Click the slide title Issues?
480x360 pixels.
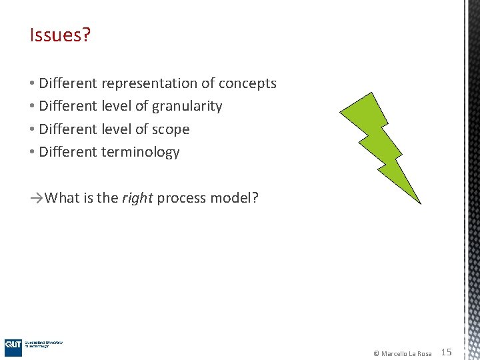pyautogui.click(x=60, y=35)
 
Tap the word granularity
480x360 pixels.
pyautogui.click(x=187, y=107)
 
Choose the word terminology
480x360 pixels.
pyautogui.click(x=140, y=152)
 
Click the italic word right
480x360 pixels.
pyautogui.click(x=137, y=198)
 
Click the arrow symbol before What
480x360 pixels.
pyautogui.click(x=37, y=198)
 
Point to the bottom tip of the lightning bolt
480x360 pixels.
pyautogui.click(x=419, y=201)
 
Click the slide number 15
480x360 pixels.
pyautogui.click(x=447, y=352)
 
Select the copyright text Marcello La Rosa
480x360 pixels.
pyautogui.click(x=406, y=353)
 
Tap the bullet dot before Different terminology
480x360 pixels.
pyautogui.click(x=33, y=152)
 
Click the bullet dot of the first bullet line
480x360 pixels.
pyautogui.click(x=33, y=84)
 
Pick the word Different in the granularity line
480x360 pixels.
pyautogui.click(x=68, y=107)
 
